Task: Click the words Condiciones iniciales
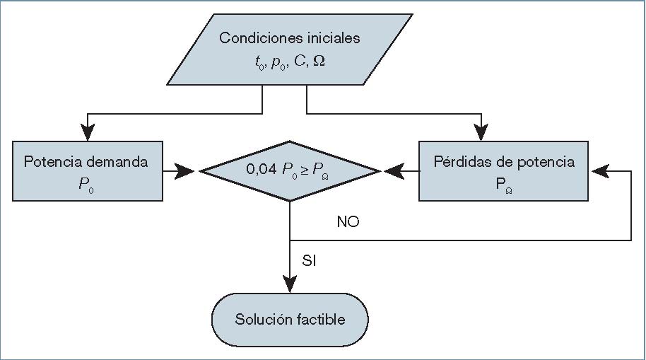(x=289, y=38)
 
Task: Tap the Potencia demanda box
(x=88, y=170)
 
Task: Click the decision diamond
(x=290, y=170)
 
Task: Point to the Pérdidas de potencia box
(x=503, y=170)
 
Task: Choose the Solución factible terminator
(x=290, y=319)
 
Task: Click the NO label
(x=348, y=222)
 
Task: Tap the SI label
(x=309, y=261)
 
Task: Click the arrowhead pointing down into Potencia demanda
(x=88, y=133)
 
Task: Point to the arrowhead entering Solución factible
(x=290, y=284)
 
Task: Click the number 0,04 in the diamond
(x=260, y=170)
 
